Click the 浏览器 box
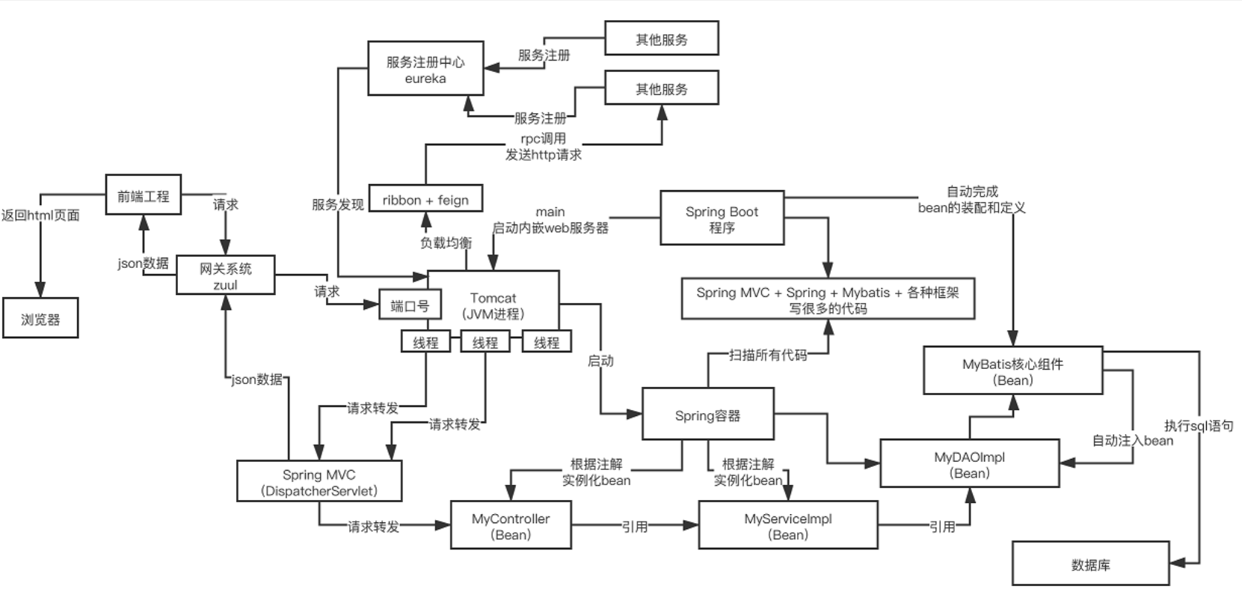click(x=40, y=319)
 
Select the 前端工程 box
click(x=143, y=196)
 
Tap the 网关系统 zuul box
click(x=225, y=275)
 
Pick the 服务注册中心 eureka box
click(x=425, y=69)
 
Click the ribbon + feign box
click(x=425, y=200)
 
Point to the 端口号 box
click(x=410, y=305)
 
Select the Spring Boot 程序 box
click(x=722, y=219)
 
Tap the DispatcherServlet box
click(x=319, y=482)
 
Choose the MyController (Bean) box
click(x=511, y=526)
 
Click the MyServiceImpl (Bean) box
click(x=788, y=526)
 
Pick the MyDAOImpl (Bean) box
click(x=969, y=464)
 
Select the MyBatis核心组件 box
click(x=1012, y=371)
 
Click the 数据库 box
click(x=1090, y=564)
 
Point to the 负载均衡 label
click(x=446, y=242)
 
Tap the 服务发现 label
click(x=338, y=204)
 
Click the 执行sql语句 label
click(x=1199, y=426)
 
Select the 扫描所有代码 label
click(x=768, y=355)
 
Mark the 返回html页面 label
click(x=40, y=216)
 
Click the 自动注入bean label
click(x=1132, y=440)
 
